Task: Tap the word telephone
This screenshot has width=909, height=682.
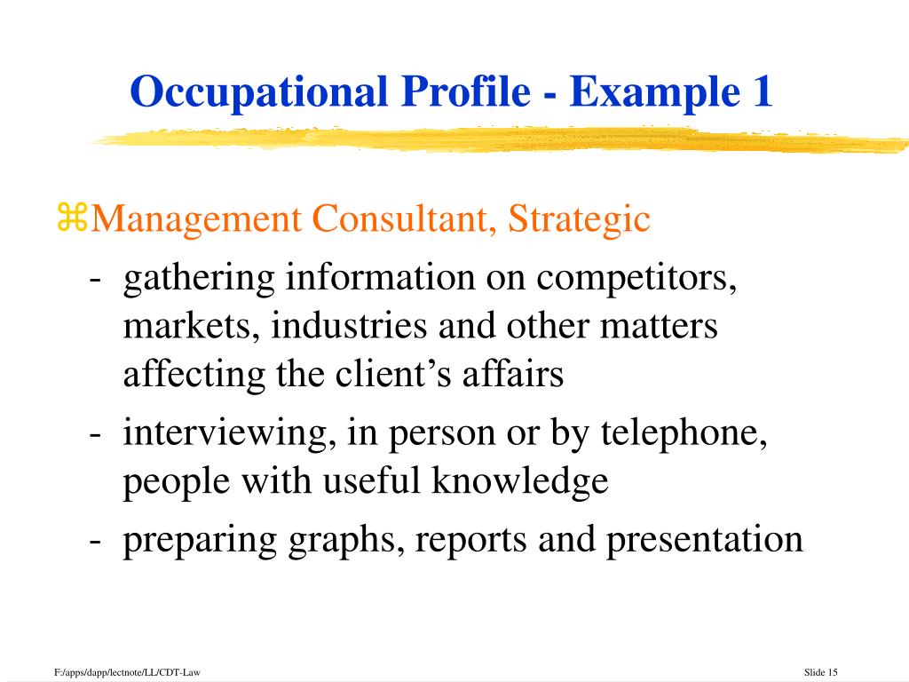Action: coord(684,434)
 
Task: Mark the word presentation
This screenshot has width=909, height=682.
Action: coord(705,541)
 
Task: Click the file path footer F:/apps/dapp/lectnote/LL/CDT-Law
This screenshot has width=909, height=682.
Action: coord(127,671)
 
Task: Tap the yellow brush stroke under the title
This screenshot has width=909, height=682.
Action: coord(497,139)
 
